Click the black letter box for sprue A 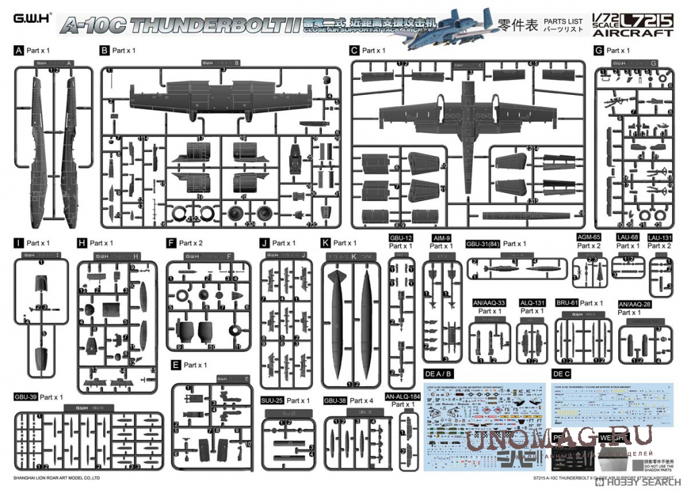18,50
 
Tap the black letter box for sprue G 598,50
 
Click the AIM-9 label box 441,238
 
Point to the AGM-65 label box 589,237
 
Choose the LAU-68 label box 628,237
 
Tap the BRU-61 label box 566,303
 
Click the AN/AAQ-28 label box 634,304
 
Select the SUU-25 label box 272,401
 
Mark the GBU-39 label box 25,397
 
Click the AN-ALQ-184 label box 403,397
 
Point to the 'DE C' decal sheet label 561,373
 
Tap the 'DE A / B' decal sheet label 438,373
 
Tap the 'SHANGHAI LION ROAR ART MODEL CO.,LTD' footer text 57,478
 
